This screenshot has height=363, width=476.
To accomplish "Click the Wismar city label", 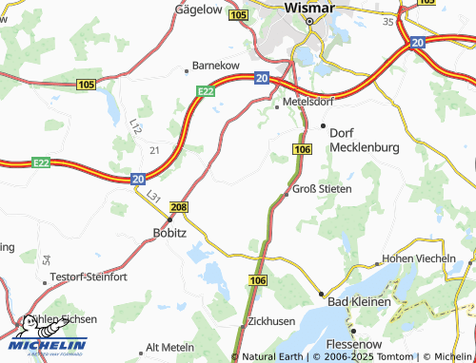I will tap(310, 7).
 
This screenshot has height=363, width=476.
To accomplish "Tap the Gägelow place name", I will tap(199, 9).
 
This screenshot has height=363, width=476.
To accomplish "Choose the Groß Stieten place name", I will tap(321, 189).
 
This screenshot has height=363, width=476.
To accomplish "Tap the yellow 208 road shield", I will tap(178, 206).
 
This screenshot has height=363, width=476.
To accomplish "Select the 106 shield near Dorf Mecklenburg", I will tap(303, 150).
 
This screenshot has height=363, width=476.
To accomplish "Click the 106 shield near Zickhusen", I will tap(258, 281).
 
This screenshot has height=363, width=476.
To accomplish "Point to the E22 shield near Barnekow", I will tap(205, 90).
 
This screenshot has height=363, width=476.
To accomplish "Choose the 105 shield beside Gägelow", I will tap(238, 15).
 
